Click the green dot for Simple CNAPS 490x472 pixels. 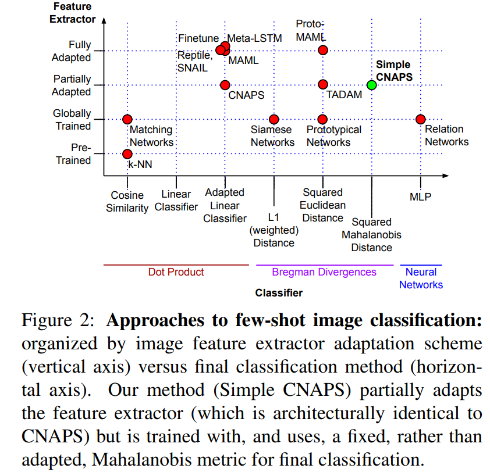pos(372,85)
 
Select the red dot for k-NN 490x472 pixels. pos(127,154)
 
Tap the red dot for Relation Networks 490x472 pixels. pos(420,119)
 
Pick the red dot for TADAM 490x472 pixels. pos(323,85)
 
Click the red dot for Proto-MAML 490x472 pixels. pos(323,51)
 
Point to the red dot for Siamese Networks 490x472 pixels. pos(274,119)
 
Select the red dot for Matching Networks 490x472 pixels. pos(127,119)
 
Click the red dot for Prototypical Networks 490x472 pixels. pos(323,119)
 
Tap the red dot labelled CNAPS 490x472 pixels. pos(225,85)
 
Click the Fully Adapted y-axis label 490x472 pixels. pos(72,51)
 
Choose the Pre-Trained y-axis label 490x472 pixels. pos(73,154)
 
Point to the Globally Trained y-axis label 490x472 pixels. pos(72,120)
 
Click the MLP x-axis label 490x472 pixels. pos(420,197)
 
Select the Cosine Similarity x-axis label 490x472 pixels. pos(127,202)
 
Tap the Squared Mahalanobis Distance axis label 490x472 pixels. pos(372,235)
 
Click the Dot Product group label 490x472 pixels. pos(176,272)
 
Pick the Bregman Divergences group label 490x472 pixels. pos(324,272)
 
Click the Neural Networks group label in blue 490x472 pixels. pos(421,278)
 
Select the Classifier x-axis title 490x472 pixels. pos(279,293)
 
